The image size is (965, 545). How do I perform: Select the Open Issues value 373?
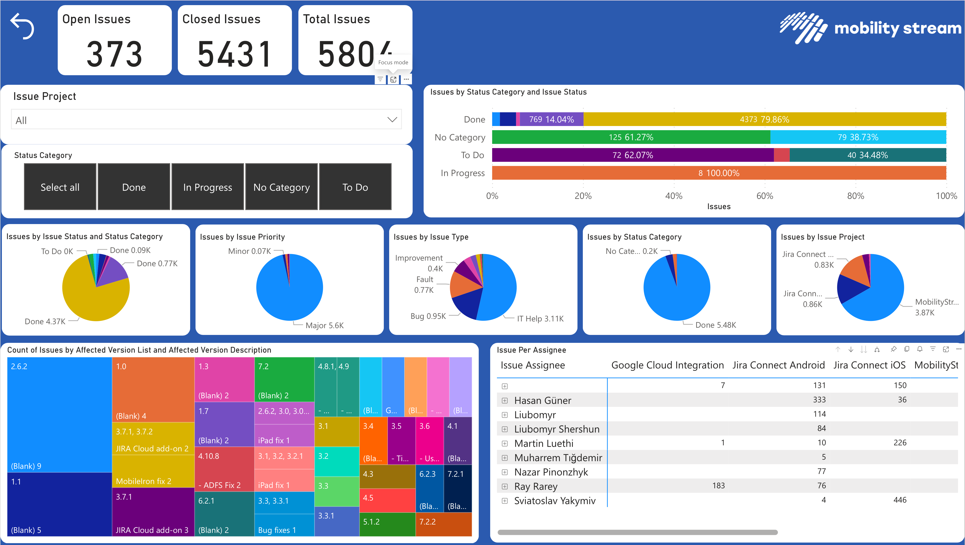(x=114, y=54)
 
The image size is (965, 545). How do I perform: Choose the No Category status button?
(x=281, y=187)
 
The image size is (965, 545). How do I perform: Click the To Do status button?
(x=355, y=187)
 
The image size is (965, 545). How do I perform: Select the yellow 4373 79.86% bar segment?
(x=764, y=119)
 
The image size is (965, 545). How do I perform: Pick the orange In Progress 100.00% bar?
(x=719, y=173)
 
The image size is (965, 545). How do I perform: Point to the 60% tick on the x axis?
(x=765, y=196)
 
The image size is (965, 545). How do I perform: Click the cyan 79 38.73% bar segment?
(x=858, y=137)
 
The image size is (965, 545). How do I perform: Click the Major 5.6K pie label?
(x=324, y=325)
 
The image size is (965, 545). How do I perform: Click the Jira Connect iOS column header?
(x=869, y=365)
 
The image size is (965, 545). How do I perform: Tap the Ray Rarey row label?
(x=536, y=486)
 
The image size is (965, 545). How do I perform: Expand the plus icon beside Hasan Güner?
(x=505, y=400)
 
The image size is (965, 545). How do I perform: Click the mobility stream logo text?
(x=898, y=28)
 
